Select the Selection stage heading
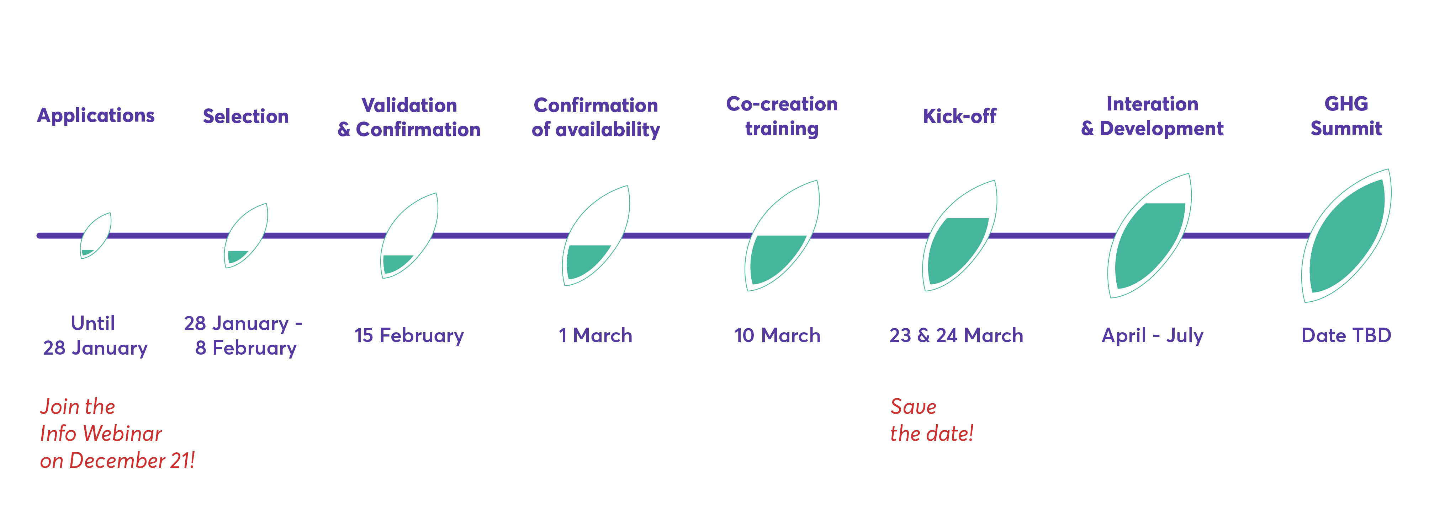point(246,117)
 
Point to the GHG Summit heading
point(1346,116)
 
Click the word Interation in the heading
point(1152,104)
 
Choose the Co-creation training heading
point(782,116)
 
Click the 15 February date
point(409,335)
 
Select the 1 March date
point(595,335)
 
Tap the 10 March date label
point(777,335)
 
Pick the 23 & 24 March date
point(956,335)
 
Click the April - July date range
point(1152,335)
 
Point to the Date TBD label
point(1346,335)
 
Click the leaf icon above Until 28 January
point(95,236)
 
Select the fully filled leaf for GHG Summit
point(1346,236)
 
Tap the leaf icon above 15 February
point(409,236)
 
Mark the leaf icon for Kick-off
point(960,236)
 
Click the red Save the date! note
point(932,420)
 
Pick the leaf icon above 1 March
point(596,236)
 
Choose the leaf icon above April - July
point(1149,236)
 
